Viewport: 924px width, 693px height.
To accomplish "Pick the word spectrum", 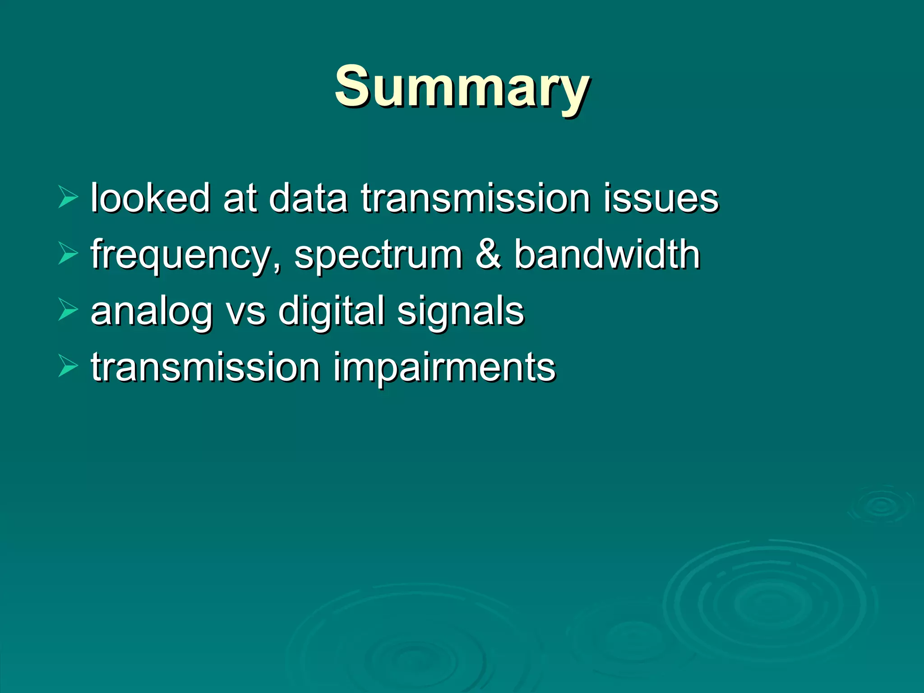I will click(378, 255).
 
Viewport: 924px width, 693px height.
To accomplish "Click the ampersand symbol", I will click(488, 254).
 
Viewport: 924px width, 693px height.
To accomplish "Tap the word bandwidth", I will click(607, 254).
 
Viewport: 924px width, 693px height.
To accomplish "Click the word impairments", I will click(444, 368).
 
